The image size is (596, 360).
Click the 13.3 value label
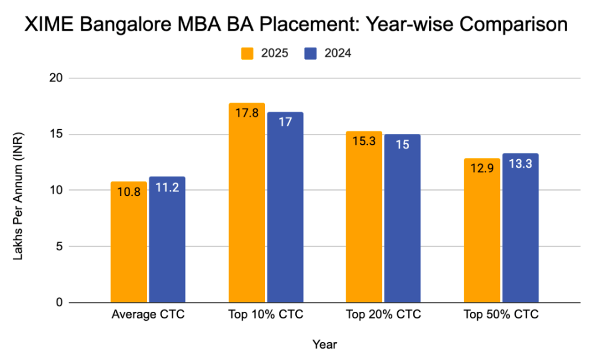pos(520,163)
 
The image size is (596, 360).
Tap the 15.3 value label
pos(364,141)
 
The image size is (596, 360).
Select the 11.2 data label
pos(167,187)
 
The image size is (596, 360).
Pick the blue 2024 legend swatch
pos(311,53)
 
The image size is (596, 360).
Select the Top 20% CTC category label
pos(383,315)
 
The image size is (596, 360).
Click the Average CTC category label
pos(148,315)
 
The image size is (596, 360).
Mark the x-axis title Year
pos(325,345)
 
